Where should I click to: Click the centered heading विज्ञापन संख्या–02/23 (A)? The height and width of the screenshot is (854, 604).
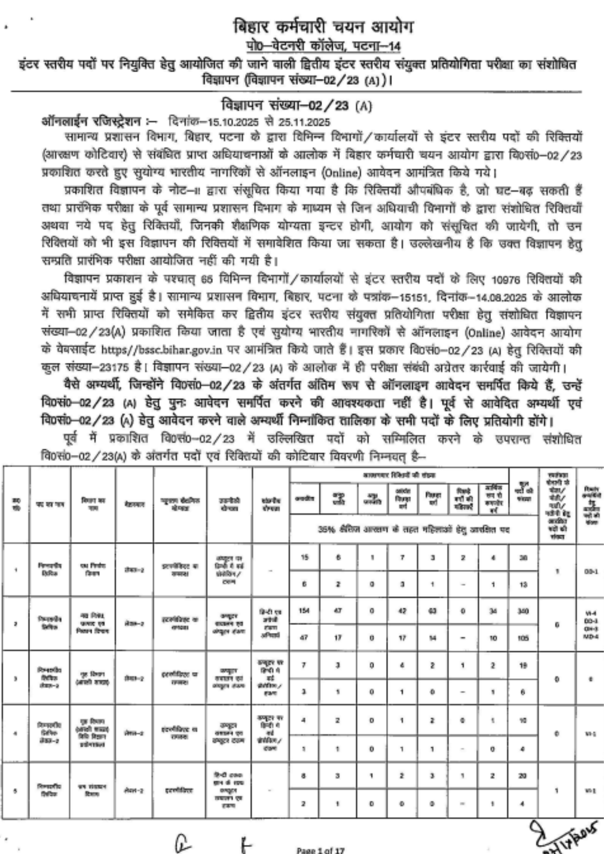point(296,106)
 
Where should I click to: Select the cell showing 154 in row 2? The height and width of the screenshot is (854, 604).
point(304,611)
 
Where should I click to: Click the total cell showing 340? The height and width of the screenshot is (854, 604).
point(523,611)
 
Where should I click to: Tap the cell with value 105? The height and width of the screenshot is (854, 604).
point(523,638)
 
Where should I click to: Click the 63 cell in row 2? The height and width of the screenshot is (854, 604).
point(433,611)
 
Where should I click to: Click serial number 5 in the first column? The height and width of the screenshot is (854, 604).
point(15,790)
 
